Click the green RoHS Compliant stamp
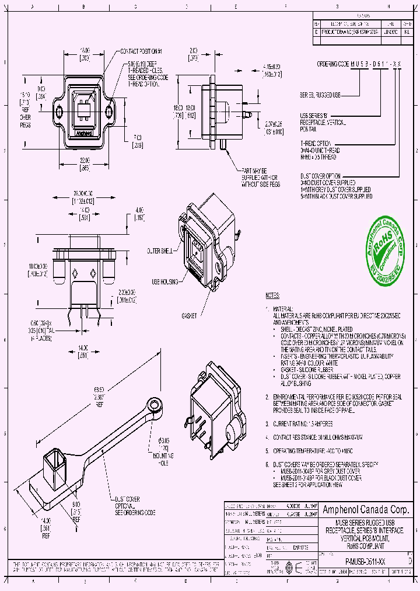tap(383, 247)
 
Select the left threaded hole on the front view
tap(59, 111)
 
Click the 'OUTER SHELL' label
tap(160, 251)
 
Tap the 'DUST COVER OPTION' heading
tap(323, 175)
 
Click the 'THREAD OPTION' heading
tap(316, 142)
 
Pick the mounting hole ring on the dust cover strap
tap(155, 404)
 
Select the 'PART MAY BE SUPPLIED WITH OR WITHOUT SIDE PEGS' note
tap(260, 176)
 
